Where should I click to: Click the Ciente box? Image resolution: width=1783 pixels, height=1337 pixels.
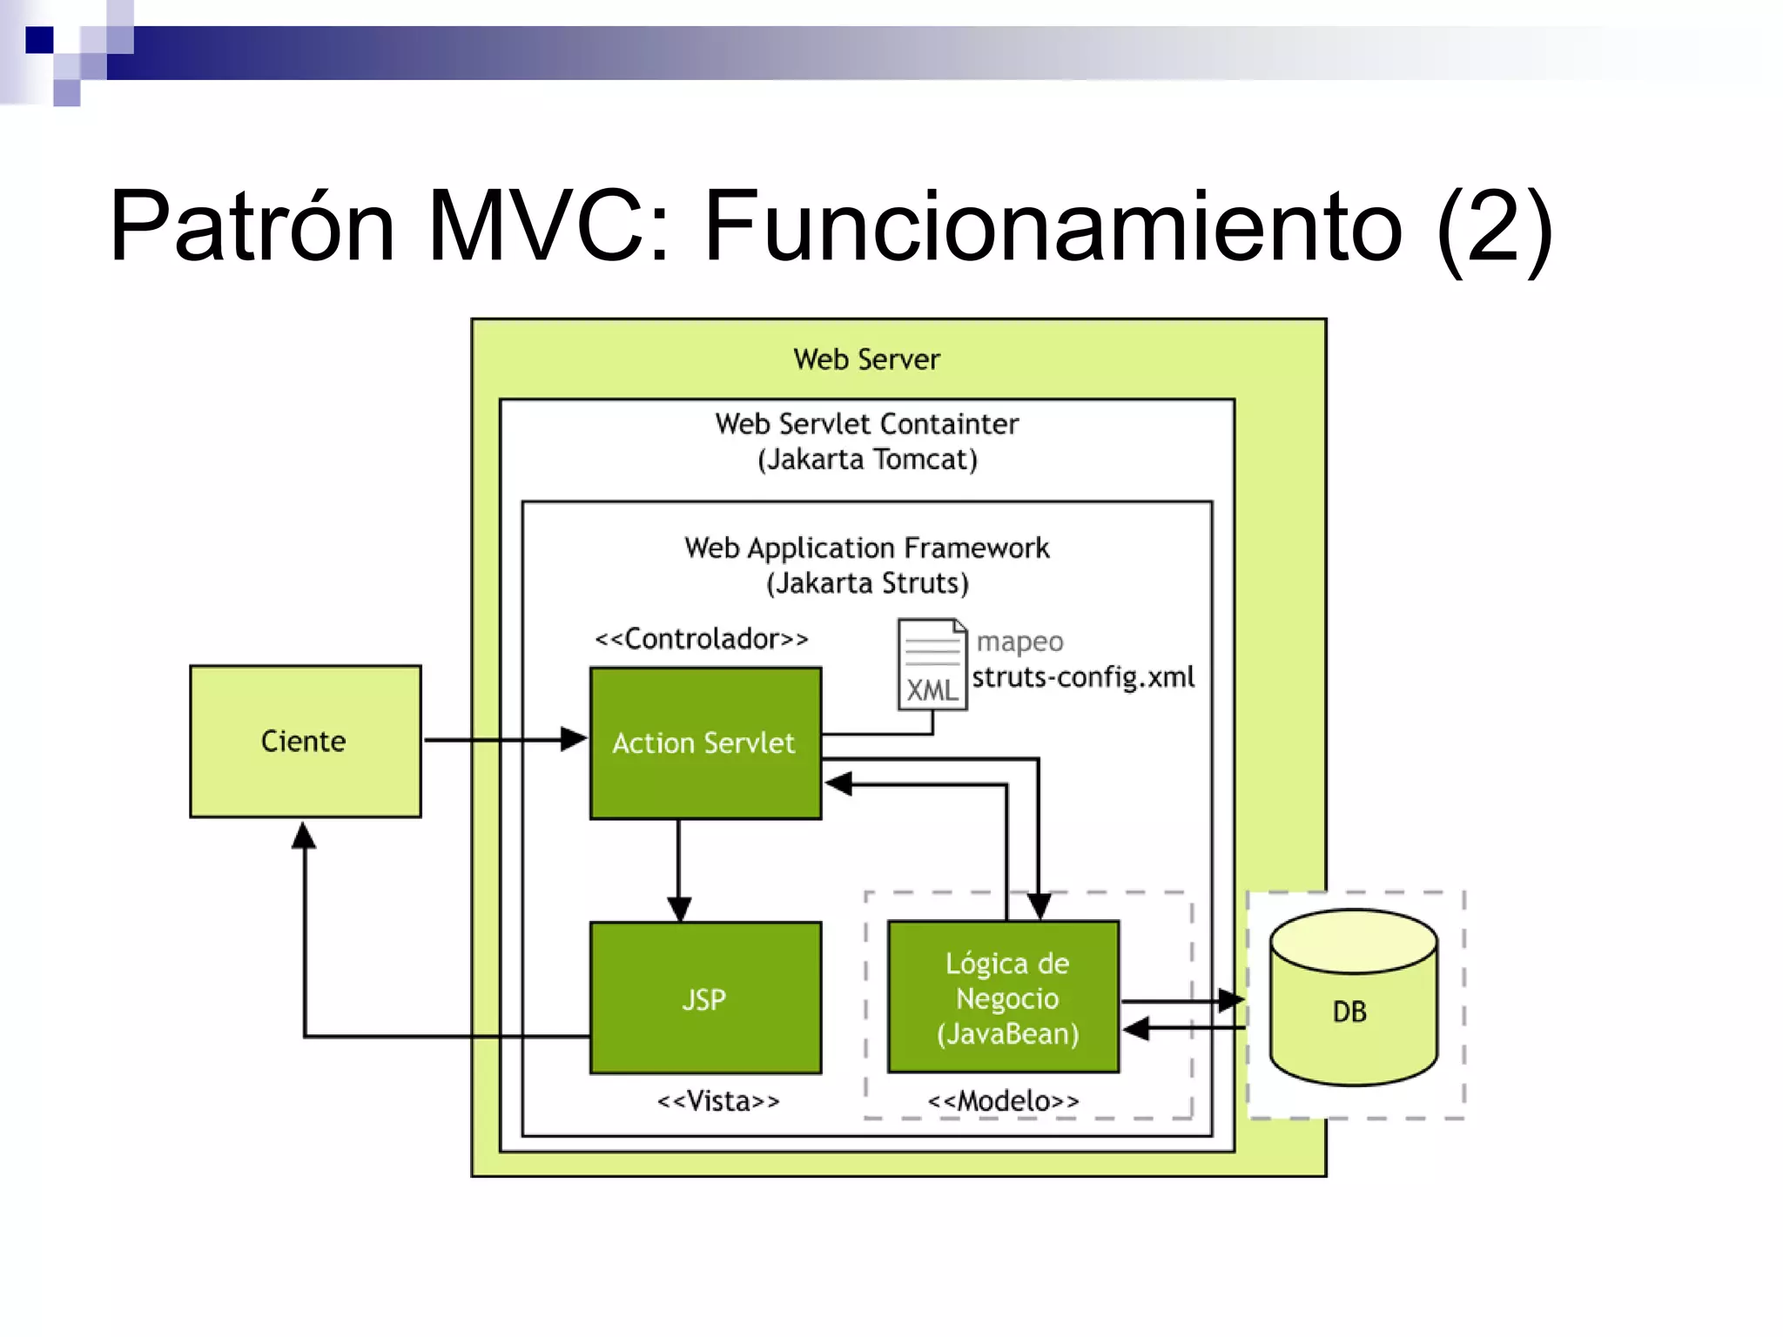tap(305, 741)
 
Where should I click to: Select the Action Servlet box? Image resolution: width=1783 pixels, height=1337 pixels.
tap(704, 743)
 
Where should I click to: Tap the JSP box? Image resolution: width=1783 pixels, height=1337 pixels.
tap(704, 998)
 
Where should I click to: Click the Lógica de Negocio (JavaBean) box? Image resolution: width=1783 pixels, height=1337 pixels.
tap(1006, 998)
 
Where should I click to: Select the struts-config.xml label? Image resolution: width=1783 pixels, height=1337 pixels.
tap(1082, 677)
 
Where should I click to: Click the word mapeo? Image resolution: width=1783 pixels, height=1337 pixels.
tap(1019, 642)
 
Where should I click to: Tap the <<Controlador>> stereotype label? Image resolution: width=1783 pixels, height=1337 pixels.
tap(701, 639)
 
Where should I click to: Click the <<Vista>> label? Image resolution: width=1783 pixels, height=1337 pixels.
tap(717, 1101)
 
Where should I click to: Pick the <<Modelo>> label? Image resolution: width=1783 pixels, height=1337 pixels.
tap(1003, 1101)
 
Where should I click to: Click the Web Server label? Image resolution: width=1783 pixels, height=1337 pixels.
tap(866, 359)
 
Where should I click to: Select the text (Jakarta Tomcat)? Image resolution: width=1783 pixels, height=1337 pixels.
tap(867, 460)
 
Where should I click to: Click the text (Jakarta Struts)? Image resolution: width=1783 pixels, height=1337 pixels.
tap(867, 583)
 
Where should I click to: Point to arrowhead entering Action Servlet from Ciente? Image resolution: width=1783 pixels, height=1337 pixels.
tap(575, 740)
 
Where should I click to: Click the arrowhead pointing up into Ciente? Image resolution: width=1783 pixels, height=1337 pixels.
tap(304, 836)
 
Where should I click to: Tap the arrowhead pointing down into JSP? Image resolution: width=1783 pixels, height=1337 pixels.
tap(679, 909)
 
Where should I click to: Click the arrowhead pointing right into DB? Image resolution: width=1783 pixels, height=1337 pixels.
tap(1230, 1001)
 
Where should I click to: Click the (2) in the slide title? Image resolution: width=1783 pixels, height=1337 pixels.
tap(1494, 228)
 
